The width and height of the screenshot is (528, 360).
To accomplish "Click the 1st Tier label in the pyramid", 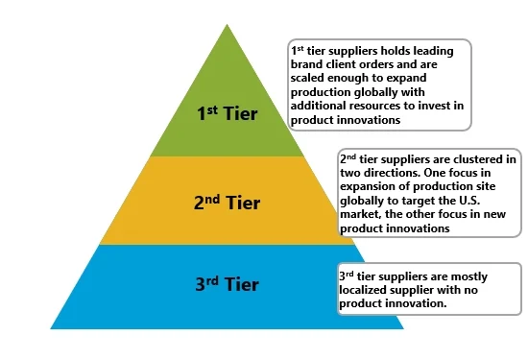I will coord(227,111).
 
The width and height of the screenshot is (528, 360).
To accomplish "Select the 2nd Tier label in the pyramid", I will coord(227,202).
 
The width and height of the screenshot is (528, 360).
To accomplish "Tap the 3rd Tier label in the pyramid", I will coord(227,284).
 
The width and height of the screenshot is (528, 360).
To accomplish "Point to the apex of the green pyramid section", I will coord(228,26).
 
